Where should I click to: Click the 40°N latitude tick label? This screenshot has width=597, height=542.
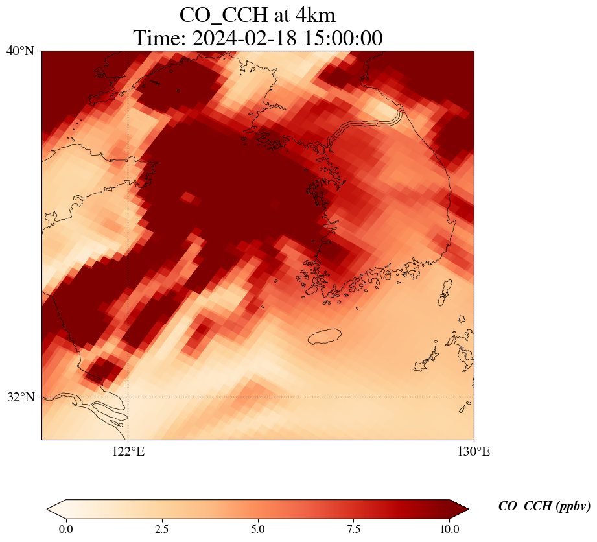pyautogui.click(x=21, y=51)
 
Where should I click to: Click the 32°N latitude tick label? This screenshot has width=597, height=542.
pyautogui.click(x=21, y=397)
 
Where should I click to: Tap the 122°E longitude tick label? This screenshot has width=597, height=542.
pyautogui.click(x=128, y=452)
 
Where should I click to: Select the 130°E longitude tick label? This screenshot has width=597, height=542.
pyautogui.click(x=474, y=452)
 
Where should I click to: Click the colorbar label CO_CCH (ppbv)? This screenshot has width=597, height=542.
pyautogui.click(x=544, y=506)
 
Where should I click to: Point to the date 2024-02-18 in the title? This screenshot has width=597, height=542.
pyautogui.click(x=244, y=38)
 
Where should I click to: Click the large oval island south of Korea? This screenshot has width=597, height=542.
pyautogui.click(x=325, y=336)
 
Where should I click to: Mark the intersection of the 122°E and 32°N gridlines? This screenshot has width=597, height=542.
pyautogui.click(x=128, y=397)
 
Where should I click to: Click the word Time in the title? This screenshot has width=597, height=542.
pyautogui.click(x=158, y=38)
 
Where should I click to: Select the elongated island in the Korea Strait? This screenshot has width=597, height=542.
pyautogui.click(x=445, y=292)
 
